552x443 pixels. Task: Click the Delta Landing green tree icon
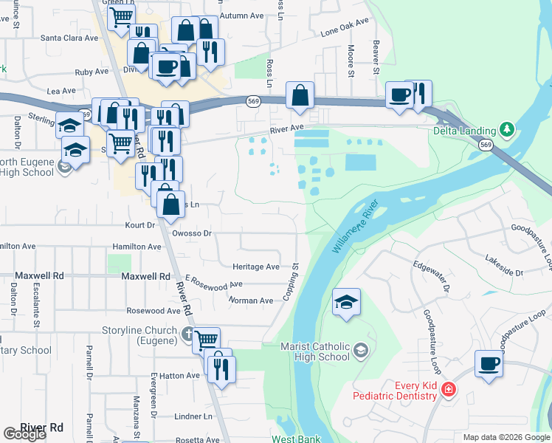tap(506, 130)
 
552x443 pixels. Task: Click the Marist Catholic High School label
tap(315, 351)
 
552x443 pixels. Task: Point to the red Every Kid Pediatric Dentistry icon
tap(447, 389)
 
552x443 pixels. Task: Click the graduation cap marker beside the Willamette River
tap(346, 302)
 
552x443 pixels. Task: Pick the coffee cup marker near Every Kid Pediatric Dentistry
tap(489, 364)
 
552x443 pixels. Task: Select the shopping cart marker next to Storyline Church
tap(207, 340)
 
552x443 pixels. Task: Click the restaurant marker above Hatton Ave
tap(221, 366)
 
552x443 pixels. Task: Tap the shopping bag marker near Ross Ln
tap(300, 95)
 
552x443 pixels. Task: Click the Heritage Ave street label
tap(256, 267)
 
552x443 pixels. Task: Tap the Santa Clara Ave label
tap(69, 38)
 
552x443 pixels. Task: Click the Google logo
tap(24, 435)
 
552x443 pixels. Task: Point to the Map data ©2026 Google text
tap(506, 437)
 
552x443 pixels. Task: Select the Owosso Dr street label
tap(192, 233)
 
